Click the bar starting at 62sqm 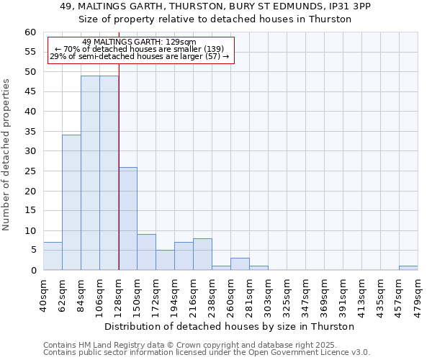(x=71, y=202)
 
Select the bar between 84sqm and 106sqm (x=90, y=173)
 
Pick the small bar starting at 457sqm (x=408, y=268)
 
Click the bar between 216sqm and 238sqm (x=202, y=254)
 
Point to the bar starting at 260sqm (x=240, y=264)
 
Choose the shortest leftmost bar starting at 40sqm (x=53, y=256)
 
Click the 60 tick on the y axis (x=30, y=32)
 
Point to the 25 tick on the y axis (x=30, y=171)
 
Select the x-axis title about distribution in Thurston (x=235, y=326)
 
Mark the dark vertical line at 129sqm (x=119, y=180)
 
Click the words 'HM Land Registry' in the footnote (x=105, y=345)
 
